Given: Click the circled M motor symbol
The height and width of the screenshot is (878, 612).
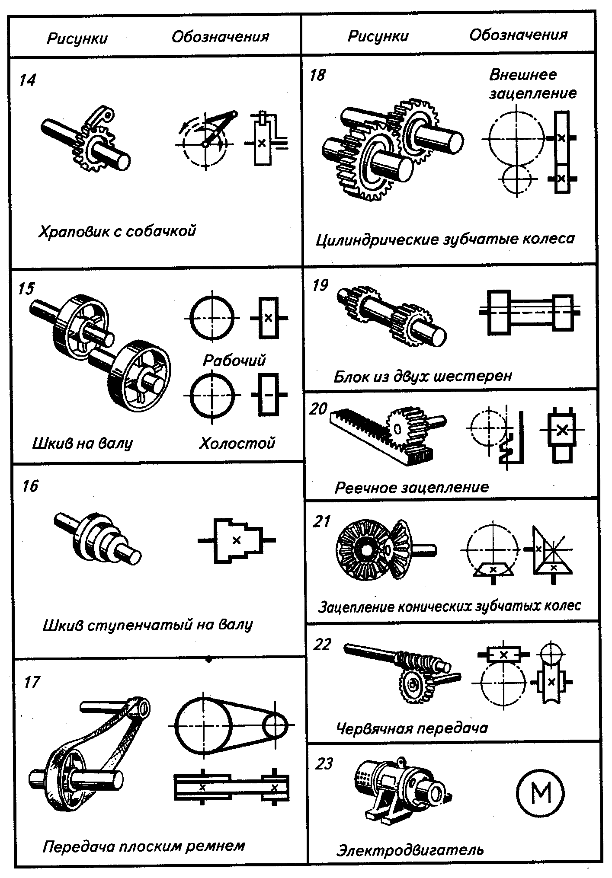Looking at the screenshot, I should click(x=540, y=793).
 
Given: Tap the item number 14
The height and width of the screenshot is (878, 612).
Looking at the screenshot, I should click(x=27, y=80).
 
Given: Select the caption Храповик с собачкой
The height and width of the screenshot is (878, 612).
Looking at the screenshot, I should click(x=117, y=231).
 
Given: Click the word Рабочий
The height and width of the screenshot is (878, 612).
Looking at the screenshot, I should click(x=234, y=361).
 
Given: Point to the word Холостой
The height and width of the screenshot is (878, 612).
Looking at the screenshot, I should click(x=237, y=443).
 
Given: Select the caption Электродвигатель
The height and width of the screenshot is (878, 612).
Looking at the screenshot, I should click(x=410, y=850).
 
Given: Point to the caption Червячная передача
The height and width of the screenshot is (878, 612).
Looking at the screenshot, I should click(x=411, y=728).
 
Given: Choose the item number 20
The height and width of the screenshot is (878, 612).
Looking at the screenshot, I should click(x=318, y=409).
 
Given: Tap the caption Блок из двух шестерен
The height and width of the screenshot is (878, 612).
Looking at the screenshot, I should click(x=423, y=376).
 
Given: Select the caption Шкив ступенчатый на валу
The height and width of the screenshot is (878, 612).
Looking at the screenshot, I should click(x=147, y=625).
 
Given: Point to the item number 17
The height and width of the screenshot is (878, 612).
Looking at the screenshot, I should click(x=32, y=682).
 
